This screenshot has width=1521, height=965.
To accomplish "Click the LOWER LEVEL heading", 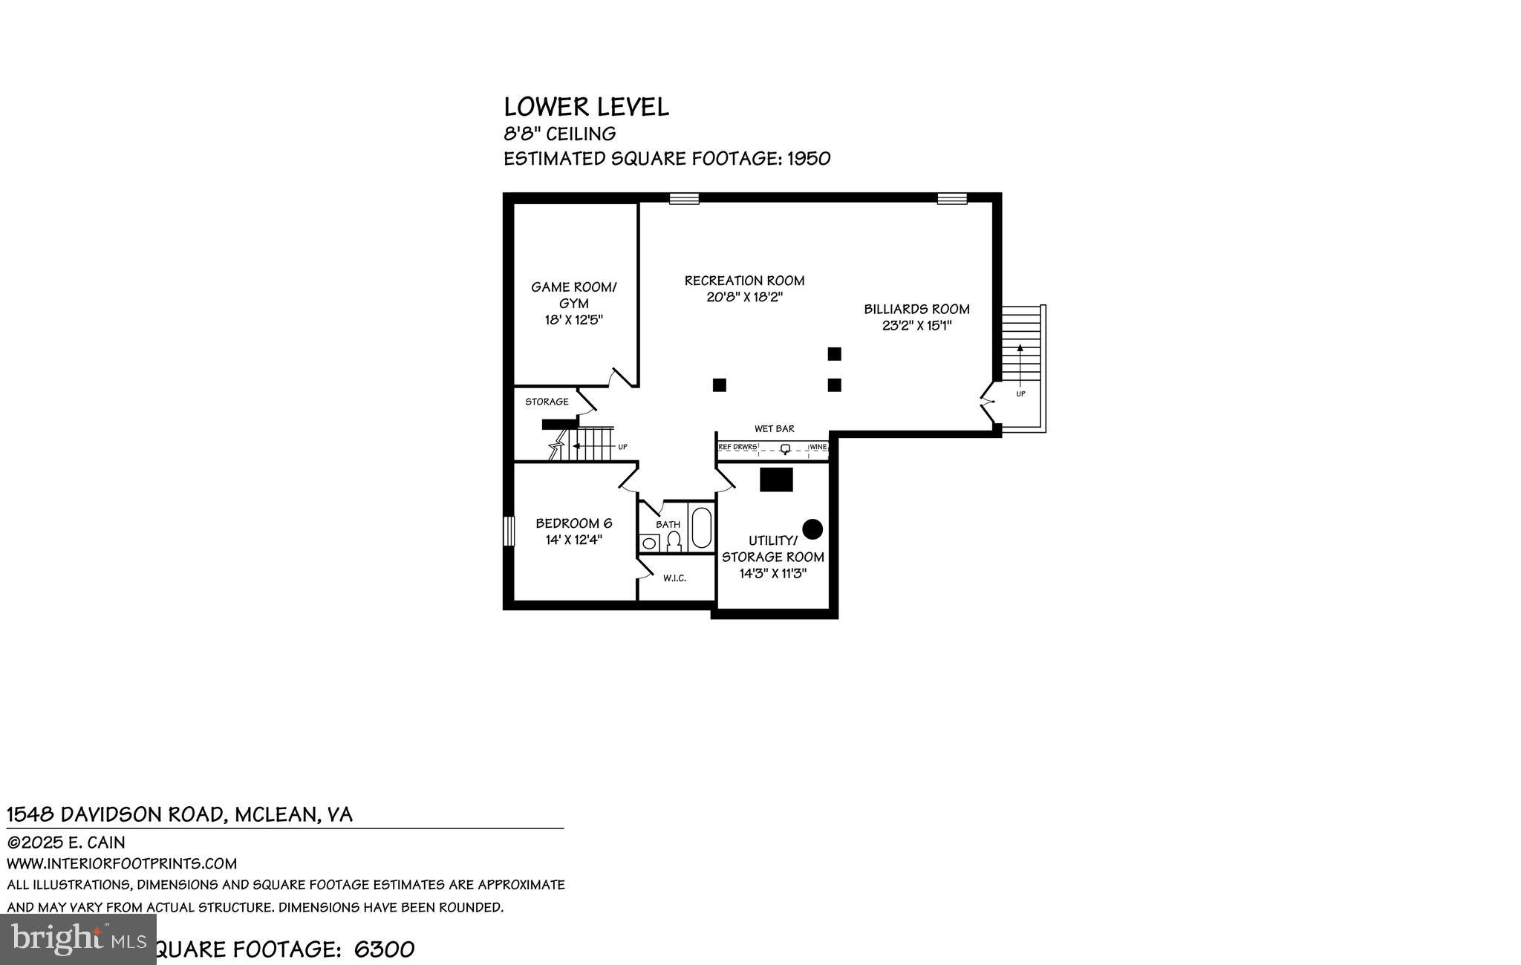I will [586, 107].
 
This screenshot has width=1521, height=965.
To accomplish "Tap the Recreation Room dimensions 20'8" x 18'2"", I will [745, 297].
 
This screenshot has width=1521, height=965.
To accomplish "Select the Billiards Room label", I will [916, 309].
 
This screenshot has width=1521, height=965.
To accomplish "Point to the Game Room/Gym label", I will [573, 295].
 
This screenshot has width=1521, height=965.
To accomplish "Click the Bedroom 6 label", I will [573, 523].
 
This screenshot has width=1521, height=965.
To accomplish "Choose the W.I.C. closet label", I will [674, 578].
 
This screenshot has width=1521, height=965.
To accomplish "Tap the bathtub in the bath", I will [701, 527].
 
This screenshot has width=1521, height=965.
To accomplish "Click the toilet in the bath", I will [674, 543].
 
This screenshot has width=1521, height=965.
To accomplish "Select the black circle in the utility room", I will [812, 529].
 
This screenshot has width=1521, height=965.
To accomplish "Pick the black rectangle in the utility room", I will [776, 480].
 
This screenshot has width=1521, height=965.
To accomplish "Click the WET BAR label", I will [774, 428].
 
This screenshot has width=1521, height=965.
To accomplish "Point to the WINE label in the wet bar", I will [818, 447].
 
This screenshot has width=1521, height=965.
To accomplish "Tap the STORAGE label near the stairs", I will [547, 402].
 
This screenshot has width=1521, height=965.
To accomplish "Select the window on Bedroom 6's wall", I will [509, 531].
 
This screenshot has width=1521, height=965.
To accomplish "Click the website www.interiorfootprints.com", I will [122, 863].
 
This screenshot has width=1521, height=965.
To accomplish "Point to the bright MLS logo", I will [78, 939].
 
